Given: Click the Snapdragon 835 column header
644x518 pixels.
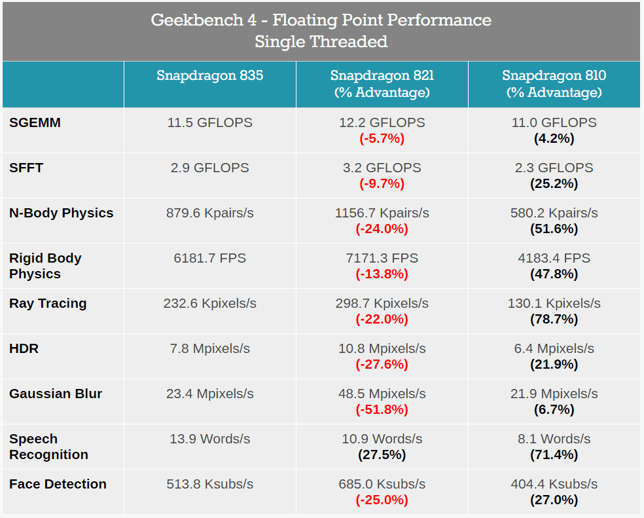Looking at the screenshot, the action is point(210,76).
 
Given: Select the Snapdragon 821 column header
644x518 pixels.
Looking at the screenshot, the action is point(382,84).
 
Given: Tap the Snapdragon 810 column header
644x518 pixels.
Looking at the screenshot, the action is point(554,84).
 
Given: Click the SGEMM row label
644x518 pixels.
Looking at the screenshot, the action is point(35,122).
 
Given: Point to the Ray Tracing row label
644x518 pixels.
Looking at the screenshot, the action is point(48,303).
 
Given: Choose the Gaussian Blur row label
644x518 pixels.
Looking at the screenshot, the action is point(56,394).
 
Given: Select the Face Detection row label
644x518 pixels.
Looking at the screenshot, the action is point(58,485).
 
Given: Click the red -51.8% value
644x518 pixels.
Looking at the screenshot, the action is point(382,409).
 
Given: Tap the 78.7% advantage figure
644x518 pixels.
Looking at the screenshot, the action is point(554,319).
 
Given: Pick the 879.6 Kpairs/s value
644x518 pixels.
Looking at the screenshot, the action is point(210,213).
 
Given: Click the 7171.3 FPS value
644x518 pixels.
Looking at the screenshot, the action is point(382,258).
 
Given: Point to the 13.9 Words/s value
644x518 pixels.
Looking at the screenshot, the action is point(210,439).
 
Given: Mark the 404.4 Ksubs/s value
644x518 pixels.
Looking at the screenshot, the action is point(554,485).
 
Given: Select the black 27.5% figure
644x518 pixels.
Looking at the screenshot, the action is point(382,454).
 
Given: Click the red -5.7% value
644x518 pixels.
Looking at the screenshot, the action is point(382,138).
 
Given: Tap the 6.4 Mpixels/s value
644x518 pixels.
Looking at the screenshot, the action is point(554,348).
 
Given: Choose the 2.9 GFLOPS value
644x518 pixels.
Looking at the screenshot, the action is point(210,168).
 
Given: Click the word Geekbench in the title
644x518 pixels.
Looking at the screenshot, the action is point(198,20).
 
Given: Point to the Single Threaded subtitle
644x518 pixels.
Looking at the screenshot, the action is point(321,41).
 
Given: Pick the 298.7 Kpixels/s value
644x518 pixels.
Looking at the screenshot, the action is point(382,303).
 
